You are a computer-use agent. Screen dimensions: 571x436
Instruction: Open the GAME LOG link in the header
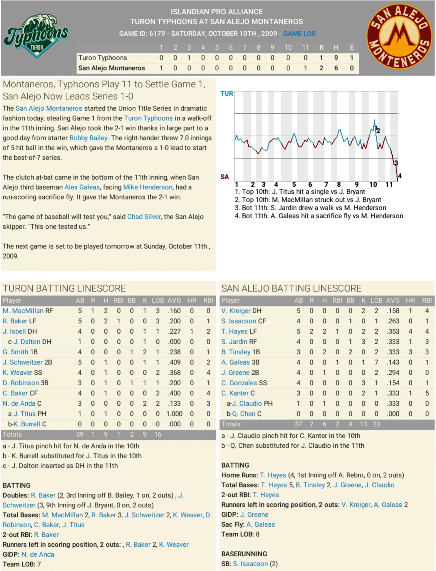(299, 33)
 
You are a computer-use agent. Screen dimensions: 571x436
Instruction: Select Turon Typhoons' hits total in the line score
(336, 58)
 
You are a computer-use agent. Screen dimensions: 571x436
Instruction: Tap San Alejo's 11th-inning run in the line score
(306, 68)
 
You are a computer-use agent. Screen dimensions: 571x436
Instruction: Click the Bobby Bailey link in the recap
(88, 138)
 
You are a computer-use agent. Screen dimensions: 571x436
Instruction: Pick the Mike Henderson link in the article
(148, 187)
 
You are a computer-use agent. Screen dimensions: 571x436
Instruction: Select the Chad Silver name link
(144, 217)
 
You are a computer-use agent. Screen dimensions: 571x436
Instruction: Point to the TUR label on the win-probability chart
(227, 94)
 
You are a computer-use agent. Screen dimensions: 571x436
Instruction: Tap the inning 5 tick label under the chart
(294, 185)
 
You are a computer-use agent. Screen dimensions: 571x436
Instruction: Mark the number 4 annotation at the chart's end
(400, 176)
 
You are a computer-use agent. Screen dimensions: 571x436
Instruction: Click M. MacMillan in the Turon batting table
(23, 311)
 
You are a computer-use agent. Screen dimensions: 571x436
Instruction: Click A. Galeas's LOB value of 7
(376, 362)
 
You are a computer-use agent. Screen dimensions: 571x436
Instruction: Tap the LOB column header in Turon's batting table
(158, 301)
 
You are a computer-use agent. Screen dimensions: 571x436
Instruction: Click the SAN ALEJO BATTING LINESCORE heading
(291, 288)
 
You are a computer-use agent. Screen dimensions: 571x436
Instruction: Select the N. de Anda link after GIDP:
(38, 554)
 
